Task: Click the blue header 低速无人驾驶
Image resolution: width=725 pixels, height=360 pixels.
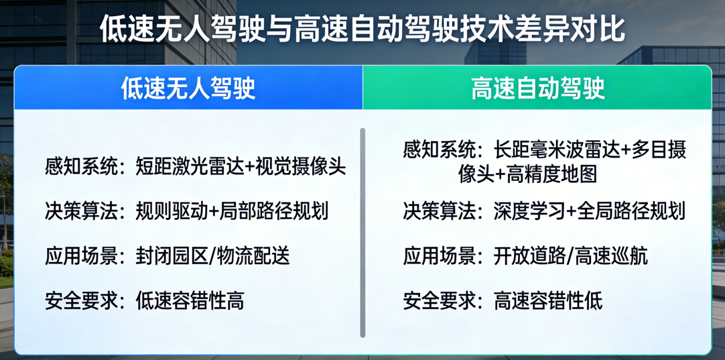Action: [188, 88]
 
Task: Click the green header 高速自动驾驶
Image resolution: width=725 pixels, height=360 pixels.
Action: [537, 88]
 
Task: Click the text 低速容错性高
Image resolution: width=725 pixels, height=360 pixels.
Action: [190, 300]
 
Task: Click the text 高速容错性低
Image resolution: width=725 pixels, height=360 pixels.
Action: [548, 300]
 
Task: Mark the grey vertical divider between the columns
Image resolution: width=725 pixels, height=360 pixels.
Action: [362, 232]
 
